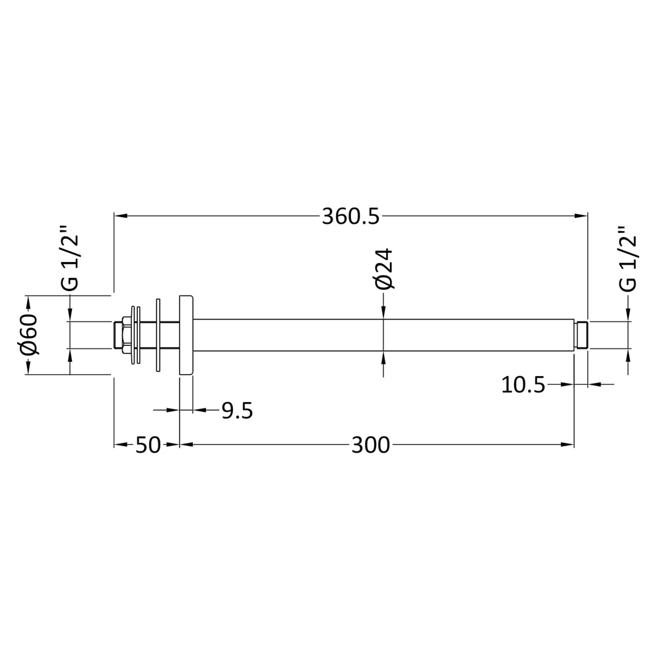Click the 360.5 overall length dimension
(x=350, y=216)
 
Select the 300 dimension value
(x=370, y=445)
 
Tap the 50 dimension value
(x=148, y=445)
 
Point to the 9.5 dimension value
(x=237, y=411)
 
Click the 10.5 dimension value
(x=523, y=384)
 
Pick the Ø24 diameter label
(x=383, y=269)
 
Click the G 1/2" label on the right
(x=628, y=259)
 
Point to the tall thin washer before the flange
(x=158, y=335)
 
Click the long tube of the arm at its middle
(x=383, y=335)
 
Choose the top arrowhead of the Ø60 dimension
(x=28, y=302)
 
